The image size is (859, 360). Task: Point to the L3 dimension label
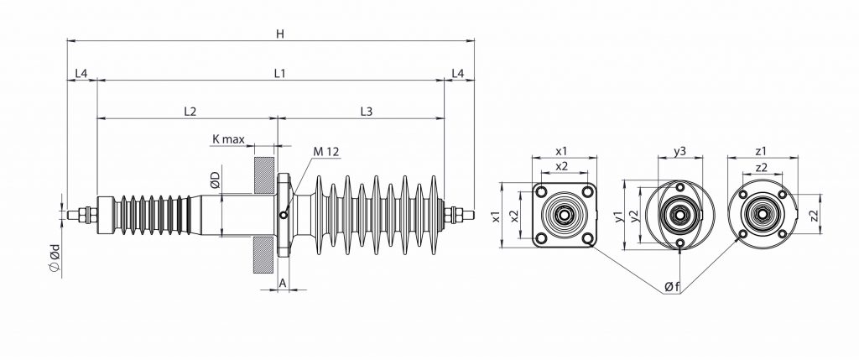tap(367, 111)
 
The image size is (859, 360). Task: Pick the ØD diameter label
tap(215, 179)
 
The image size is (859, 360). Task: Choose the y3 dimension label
tap(680, 151)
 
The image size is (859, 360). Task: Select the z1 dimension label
tap(760, 151)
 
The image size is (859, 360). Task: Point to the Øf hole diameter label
tap(671, 287)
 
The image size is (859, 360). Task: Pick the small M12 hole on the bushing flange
tap(284, 216)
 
